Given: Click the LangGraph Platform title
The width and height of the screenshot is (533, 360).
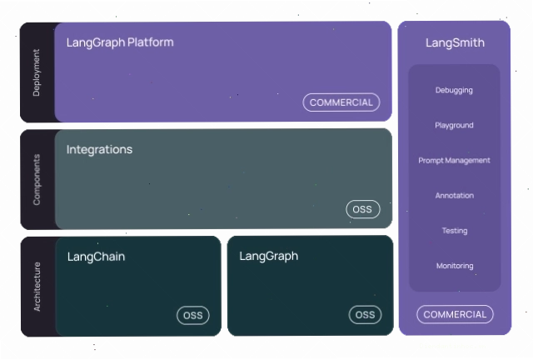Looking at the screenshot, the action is [x=120, y=42].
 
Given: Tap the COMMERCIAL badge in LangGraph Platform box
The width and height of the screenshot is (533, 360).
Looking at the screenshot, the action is [x=341, y=102].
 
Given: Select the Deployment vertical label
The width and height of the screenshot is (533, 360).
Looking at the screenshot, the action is [x=37, y=72].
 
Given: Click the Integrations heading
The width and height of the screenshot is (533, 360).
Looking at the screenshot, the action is [x=99, y=150].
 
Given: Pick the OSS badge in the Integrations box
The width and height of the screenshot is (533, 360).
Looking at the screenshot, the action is [x=363, y=209].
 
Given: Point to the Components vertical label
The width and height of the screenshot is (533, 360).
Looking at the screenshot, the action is [x=37, y=180].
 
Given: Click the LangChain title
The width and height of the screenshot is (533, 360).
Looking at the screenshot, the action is [x=97, y=257].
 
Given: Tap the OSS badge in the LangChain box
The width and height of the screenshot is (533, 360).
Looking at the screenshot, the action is [x=193, y=316].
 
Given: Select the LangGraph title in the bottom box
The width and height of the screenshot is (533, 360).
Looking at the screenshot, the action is [x=268, y=257].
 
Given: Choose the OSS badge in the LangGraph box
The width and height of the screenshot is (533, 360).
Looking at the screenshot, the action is [x=365, y=315].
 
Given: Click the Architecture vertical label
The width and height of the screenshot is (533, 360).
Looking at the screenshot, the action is [x=37, y=287].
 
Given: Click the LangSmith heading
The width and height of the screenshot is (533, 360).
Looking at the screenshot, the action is [x=455, y=42].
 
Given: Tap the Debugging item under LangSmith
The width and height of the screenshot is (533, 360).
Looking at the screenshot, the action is [x=454, y=91].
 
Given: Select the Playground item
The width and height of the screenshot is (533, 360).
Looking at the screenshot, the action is [x=454, y=126].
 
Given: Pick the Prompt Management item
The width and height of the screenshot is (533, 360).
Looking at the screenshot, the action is [x=454, y=161].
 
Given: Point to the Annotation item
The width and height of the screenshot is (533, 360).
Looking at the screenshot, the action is [x=455, y=196].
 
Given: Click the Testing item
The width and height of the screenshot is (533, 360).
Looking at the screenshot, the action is [x=455, y=231].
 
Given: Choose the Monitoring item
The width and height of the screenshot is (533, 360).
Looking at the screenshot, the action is [x=455, y=266].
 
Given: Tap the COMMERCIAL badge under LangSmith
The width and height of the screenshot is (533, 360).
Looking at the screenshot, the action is [x=455, y=314].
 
